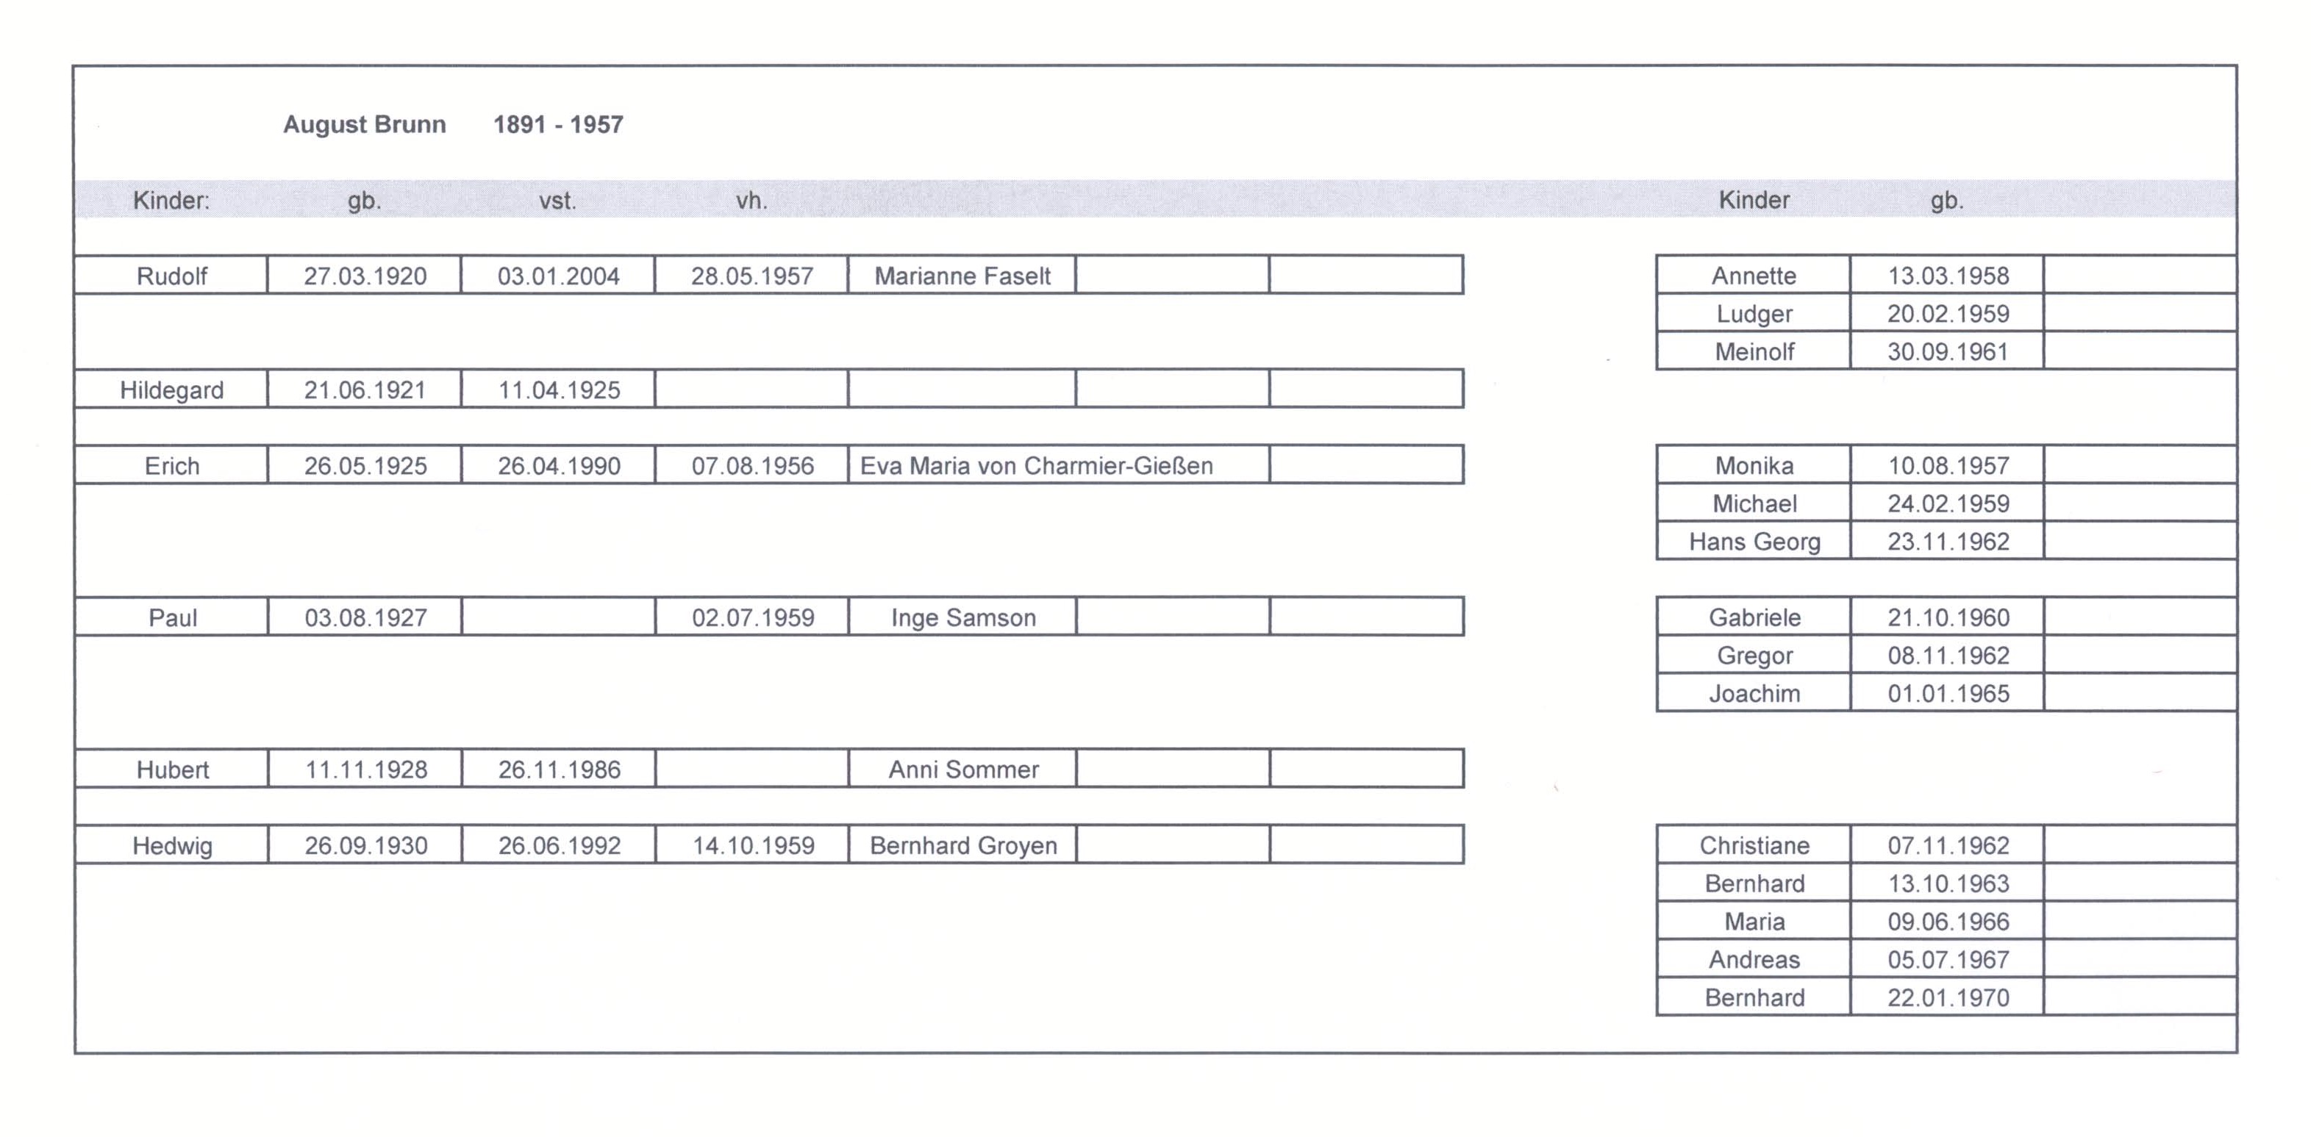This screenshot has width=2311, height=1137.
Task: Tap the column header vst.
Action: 557,201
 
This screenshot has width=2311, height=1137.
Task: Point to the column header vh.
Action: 751,201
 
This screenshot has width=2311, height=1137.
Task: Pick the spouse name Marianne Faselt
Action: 962,276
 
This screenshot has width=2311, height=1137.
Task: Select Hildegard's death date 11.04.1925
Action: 559,390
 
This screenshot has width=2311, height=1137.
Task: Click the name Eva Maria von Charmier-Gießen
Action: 1036,466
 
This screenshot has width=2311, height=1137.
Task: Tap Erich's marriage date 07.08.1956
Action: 753,466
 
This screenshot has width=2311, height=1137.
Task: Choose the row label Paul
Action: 172,618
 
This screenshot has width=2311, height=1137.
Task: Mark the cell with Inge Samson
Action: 963,618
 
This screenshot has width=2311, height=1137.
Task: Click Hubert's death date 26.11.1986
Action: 559,770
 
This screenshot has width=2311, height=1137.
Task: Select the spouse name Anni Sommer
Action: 963,770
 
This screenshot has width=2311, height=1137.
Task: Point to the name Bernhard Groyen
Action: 963,845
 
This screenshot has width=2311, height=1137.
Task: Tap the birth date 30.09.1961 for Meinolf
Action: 1948,351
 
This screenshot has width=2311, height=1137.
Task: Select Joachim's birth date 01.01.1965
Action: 1948,693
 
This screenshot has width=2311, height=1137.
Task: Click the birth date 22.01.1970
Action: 1948,997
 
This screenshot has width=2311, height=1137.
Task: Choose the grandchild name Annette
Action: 1754,276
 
